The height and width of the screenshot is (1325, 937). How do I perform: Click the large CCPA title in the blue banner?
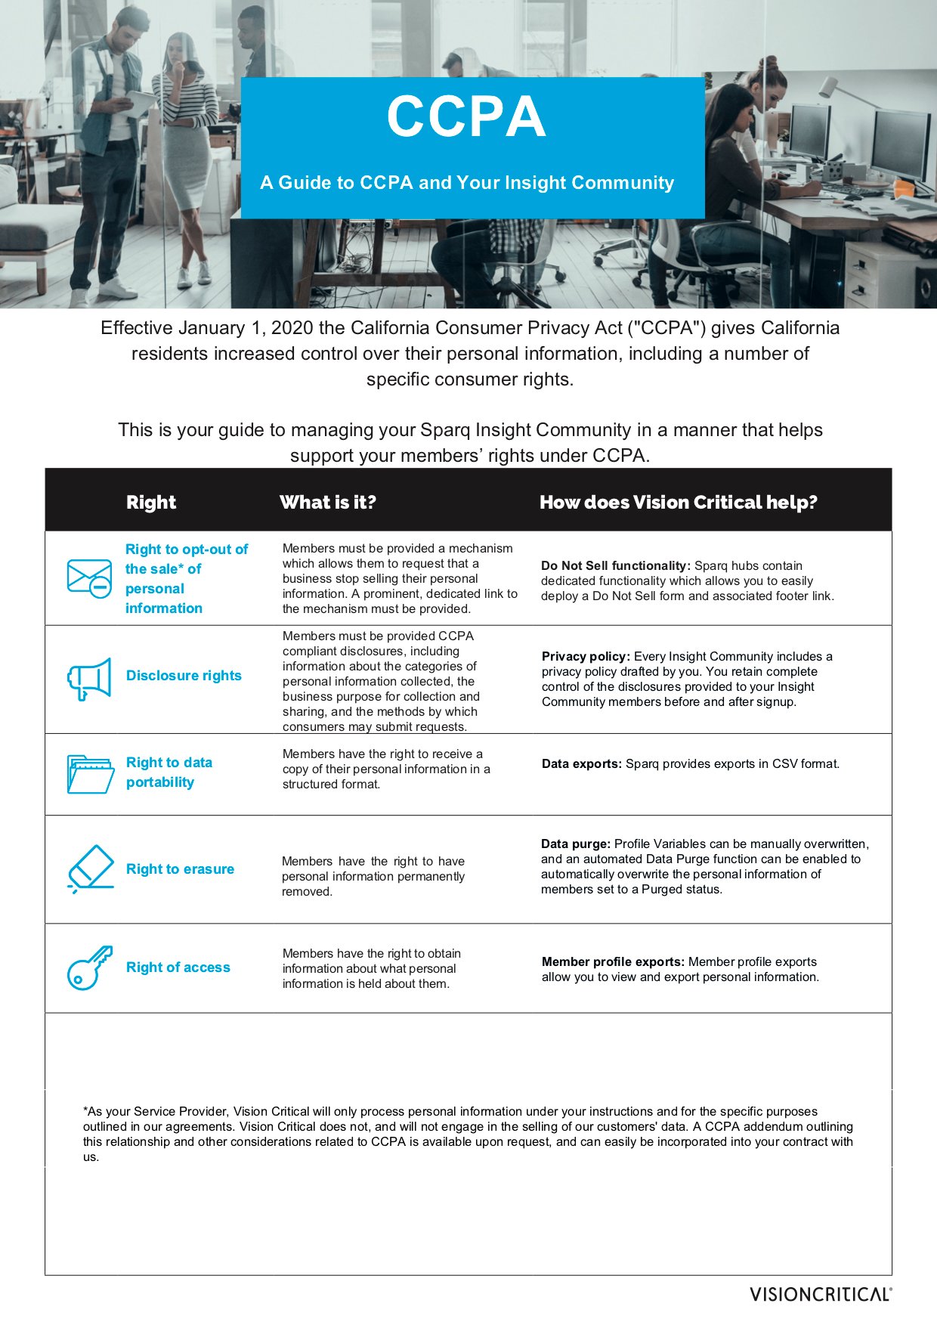pos(466,116)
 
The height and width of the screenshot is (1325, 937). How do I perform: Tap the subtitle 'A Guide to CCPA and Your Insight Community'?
pos(467,183)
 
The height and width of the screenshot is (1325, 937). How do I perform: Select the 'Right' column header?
pos(151,503)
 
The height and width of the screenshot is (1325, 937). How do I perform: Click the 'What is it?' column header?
pos(327,503)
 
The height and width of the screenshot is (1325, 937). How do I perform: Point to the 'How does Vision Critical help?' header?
pos(678,503)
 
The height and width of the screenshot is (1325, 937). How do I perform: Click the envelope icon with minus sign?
pos(89,578)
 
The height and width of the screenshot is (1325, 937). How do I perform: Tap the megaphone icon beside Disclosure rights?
pos(89,678)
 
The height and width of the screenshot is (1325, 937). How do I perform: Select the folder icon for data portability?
pos(90,773)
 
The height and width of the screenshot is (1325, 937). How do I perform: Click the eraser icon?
pos(90,868)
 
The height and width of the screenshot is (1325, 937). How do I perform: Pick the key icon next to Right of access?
pos(89,967)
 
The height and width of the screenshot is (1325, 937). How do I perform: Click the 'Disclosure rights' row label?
pos(184,676)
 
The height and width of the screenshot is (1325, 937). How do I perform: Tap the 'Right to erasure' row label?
pos(180,869)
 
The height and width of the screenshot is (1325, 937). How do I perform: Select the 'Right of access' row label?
pos(178,967)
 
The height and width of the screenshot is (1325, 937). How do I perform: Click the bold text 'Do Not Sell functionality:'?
pos(615,565)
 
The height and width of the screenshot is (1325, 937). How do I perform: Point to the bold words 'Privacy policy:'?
pos(586,656)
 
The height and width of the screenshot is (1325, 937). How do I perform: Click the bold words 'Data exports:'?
pos(581,763)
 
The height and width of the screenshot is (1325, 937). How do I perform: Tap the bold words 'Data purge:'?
pos(575,844)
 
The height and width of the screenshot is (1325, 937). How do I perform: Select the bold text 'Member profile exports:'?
pos(613,961)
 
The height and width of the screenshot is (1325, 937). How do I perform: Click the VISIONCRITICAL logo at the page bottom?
pos(820,1294)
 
